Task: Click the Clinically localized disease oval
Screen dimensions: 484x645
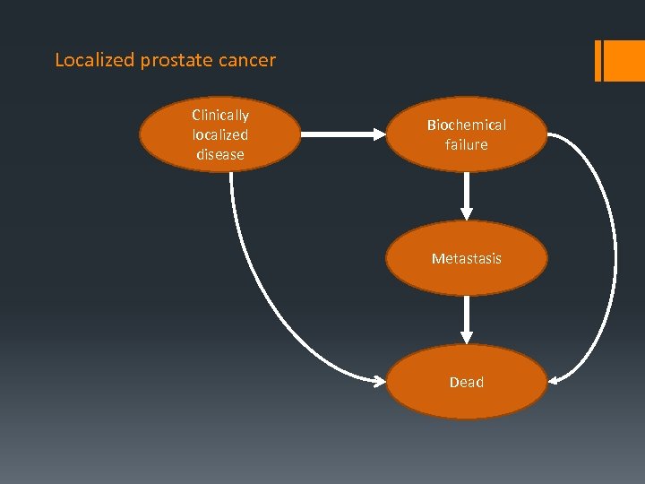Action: pos(220,134)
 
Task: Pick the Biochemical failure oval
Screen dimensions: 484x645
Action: pos(466,134)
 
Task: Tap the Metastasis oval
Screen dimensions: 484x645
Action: pos(466,258)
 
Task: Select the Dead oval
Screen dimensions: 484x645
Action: pos(466,382)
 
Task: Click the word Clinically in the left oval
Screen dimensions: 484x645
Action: pos(220,116)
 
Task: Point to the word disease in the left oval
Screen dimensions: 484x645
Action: pos(220,154)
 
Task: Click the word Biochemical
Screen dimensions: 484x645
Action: pos(466,125)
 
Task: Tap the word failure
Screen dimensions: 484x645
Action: pos(466,144)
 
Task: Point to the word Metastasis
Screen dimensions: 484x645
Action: pos(466,258)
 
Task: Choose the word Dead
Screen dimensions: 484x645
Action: pos(466,382)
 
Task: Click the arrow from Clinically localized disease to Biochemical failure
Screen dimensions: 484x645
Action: pos(340,134)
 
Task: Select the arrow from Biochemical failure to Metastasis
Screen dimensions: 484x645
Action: pos(466,195)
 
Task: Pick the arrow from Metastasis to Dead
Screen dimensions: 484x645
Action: pos(466,319)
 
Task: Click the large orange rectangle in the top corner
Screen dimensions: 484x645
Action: pos(625,60)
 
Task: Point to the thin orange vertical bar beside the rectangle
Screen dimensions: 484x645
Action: pos(598,60)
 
